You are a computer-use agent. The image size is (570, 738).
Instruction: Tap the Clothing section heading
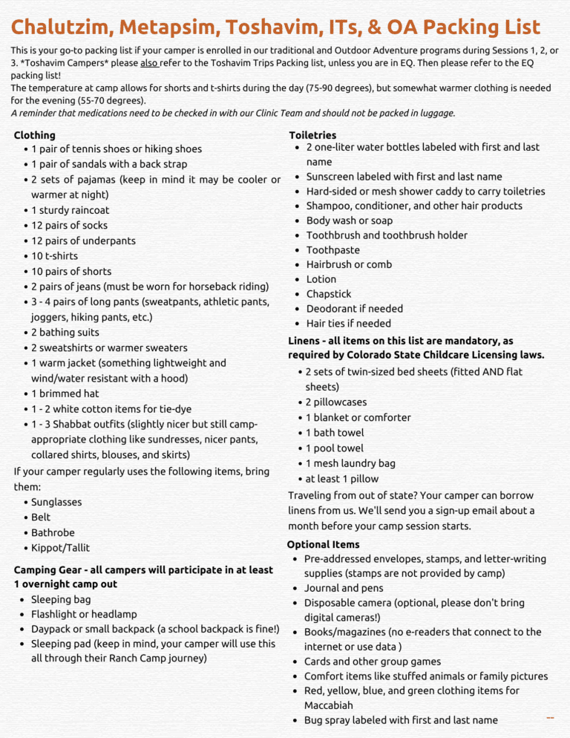34,135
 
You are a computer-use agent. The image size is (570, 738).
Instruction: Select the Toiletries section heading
312,135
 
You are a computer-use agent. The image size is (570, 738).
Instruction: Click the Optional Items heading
323,544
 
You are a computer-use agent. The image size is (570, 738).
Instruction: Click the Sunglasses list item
56,502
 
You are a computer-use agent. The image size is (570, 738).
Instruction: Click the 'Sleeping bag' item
61,599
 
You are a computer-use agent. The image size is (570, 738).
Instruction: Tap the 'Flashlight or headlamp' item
84,614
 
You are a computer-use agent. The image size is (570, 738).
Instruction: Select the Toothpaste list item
332,250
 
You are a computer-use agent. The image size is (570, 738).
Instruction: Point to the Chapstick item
329,294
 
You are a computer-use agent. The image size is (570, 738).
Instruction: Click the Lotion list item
321,279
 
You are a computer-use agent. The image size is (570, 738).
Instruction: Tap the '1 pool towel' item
335,448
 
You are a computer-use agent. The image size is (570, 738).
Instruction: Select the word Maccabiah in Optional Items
328,705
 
